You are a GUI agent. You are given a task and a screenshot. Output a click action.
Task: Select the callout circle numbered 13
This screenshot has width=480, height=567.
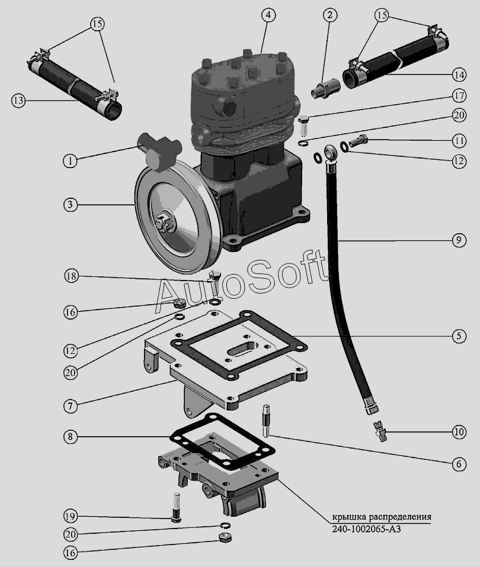pyautogui.click(x=18, y=100)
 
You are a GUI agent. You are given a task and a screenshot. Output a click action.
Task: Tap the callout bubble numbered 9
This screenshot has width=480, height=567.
pyautogui.click(x=459, y=240)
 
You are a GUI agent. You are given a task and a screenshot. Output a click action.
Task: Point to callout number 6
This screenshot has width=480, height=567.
pyautogui.click(x=459, y=464)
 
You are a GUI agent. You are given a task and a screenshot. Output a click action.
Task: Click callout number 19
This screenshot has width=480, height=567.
pyautogui.click(x=71, y=516)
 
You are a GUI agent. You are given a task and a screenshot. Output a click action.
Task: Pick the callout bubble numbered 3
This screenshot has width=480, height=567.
pyautogui.click(x=71, y=205)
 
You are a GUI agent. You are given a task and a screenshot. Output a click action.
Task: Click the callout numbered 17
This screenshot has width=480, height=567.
pyautogui.click(x=459, y=96)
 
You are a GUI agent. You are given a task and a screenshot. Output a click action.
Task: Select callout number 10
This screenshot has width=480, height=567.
pyautogui.click(x=459, y=431)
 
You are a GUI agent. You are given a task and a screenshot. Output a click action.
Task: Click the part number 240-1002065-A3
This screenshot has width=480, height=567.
pyautogui.click(x=366, y=529)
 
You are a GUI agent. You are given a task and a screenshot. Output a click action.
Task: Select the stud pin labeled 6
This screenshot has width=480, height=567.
pyautogui.click(x=265, y=421)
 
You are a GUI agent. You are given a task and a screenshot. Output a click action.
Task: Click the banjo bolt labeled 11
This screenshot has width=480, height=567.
pyautogui.click(x=359, y=140)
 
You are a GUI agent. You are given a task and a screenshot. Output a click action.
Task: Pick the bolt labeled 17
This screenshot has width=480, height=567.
pyautogui.click(x=305, y=125)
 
